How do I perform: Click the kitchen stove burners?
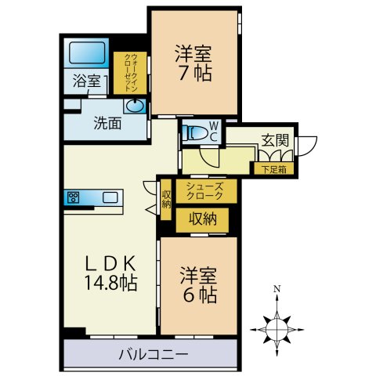pos(75,197)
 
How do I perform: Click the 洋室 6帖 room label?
pos(197,286)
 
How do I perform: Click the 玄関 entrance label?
pos(274,141)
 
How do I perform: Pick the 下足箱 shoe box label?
pos(273,168)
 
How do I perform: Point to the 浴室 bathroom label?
pos(87,81)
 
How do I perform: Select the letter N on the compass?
pos(277,289)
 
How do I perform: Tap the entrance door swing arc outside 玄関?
pos(308,146)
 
